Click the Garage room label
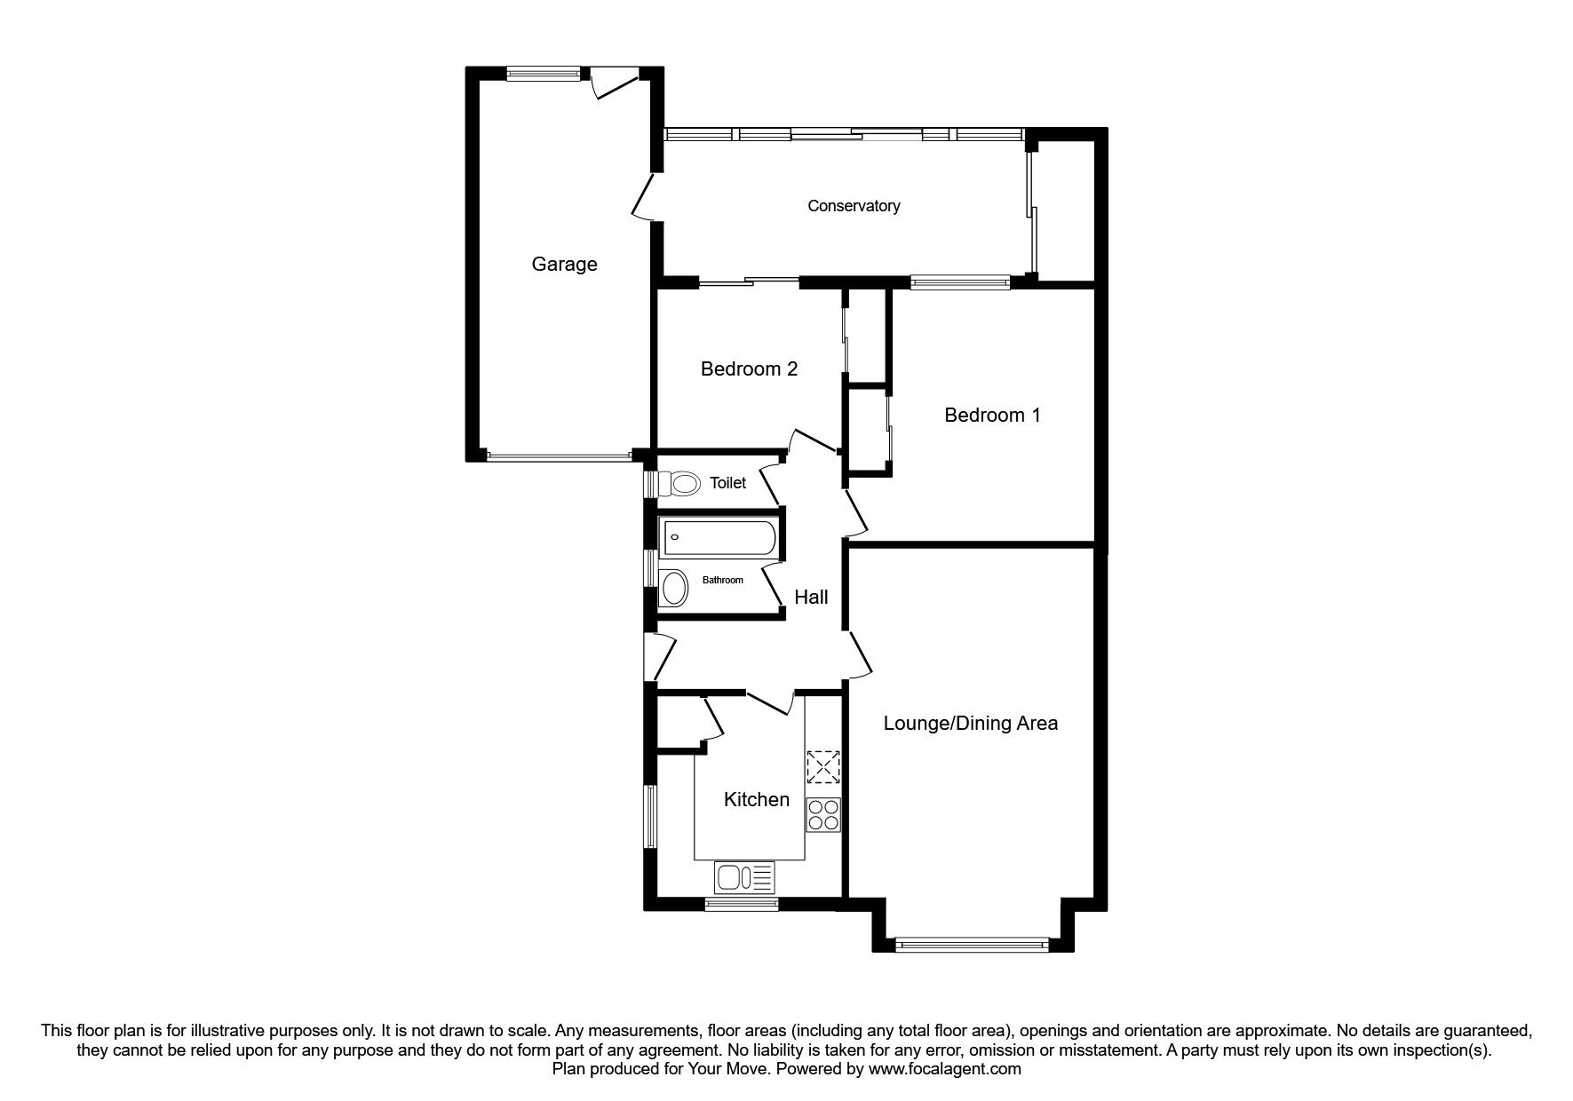(564, 264)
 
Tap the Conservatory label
(853, 206)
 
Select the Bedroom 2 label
(749, 368)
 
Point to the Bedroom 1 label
(992, 415)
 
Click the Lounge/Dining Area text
(970, 723)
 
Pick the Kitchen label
(756, 799)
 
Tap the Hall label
(811, 597)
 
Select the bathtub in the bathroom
(719, 538)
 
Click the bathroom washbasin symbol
(675, 588)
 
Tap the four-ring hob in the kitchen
(823, 815)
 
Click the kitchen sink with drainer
(744, 878)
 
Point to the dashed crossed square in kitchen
(823, 767)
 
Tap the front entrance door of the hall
(661, 657)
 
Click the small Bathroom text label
(722, 580)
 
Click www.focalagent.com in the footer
(944, 1069)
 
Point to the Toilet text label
(727, 483)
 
